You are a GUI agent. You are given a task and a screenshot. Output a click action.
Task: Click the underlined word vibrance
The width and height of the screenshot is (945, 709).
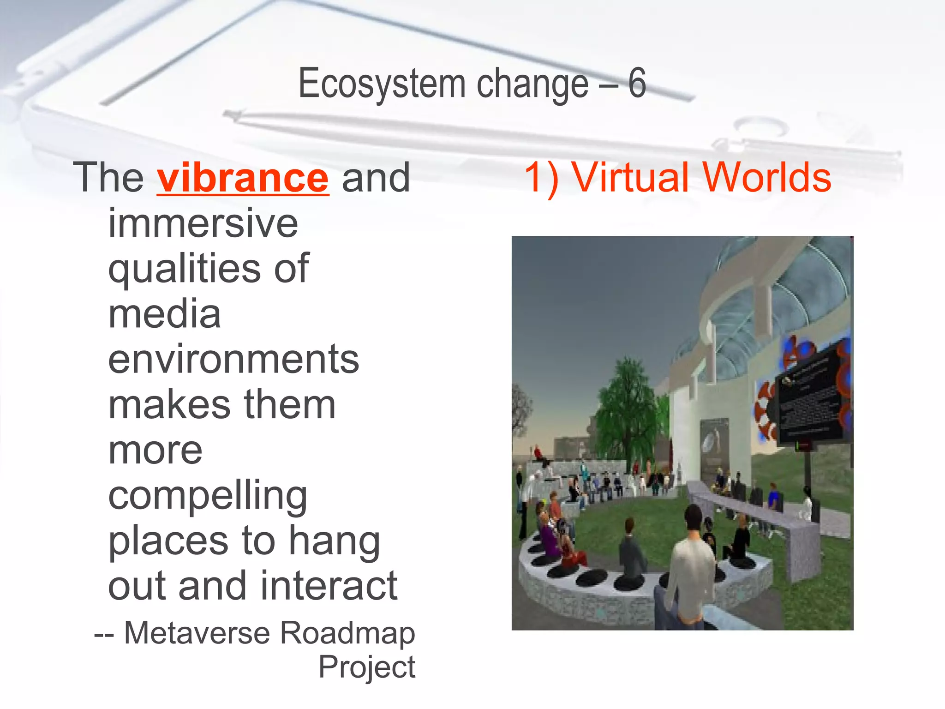(243, 178)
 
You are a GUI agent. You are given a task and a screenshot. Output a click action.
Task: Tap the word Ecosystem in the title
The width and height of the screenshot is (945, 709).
(382, 84)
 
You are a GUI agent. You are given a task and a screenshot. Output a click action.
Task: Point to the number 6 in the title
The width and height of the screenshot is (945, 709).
(637, 83)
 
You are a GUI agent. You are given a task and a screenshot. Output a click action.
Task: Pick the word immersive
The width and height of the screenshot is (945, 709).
(203, 223)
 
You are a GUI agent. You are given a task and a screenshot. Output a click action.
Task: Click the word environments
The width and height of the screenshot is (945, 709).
(233, 360)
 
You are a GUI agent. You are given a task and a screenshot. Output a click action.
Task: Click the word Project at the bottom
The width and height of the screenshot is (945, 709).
(367, 667)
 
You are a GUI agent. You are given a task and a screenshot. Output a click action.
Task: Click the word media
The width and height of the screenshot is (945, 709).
(165, 314)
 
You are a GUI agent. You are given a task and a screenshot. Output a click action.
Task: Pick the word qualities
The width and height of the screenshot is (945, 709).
(185, 269)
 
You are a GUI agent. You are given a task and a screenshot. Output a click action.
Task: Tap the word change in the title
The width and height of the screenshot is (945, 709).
(532, 84)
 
